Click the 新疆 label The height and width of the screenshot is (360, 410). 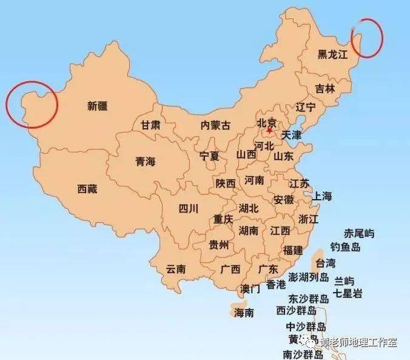(97, 106)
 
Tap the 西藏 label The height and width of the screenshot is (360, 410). (87, 189)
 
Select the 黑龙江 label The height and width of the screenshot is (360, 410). (334, 55)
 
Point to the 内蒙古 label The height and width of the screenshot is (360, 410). (215, 126)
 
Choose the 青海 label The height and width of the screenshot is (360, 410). (145, 161)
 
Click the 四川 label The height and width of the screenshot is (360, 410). (189, 209)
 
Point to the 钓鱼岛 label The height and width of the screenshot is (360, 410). (345, 247)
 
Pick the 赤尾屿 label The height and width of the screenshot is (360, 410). (359, 234)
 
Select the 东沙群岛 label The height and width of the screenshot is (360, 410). (309, 298)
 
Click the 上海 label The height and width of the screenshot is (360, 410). (321, 196)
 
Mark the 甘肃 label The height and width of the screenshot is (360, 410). (150, 125)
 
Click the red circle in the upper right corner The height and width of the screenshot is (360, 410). (368, 36)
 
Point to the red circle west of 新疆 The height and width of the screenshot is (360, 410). (32, 104)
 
